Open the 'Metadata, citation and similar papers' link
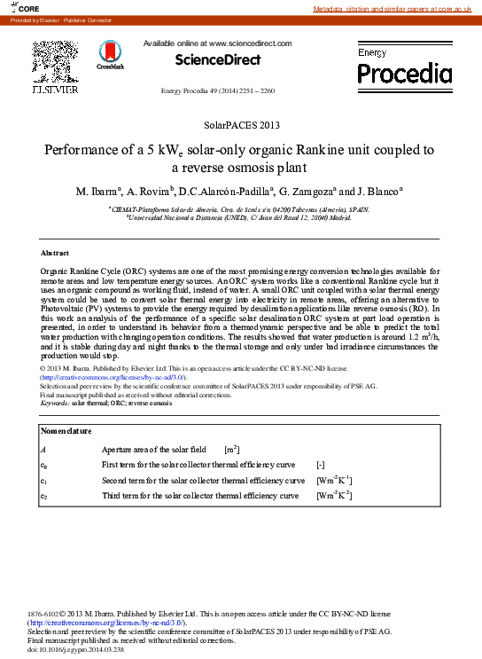[x=396, y=8]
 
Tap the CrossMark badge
[x=111, y=55]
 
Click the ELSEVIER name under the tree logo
[x=55, y=90]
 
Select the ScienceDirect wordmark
[x=217, y=59]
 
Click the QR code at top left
[x=55, y=60]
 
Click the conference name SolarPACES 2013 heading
[x=241, y=126]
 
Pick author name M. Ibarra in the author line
[x=98, y=191]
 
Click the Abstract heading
[x=55, y=253]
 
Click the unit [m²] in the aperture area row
[x=232, y=450]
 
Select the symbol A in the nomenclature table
[x=43, y=451]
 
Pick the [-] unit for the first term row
[x=321, y=465]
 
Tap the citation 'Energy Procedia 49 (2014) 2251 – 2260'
[x=217, y=91]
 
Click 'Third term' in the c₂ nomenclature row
[x=122, y=496]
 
